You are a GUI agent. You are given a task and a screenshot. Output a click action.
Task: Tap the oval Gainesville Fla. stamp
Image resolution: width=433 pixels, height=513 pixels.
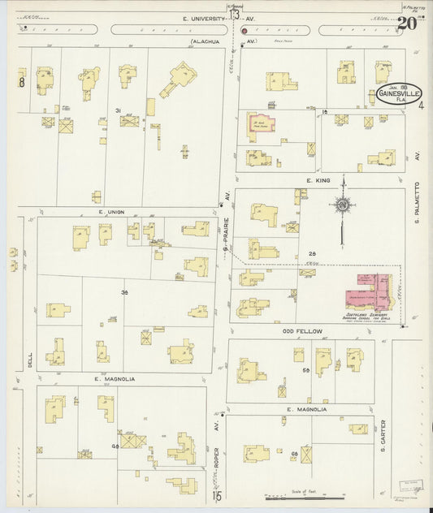point(398,95)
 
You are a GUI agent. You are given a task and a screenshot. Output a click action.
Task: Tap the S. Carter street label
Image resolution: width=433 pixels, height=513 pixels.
point(383,442)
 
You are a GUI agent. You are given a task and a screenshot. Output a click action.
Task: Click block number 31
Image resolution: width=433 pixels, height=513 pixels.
point(118,110)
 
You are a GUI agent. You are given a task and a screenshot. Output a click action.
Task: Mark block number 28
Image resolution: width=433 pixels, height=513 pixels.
point(312,254)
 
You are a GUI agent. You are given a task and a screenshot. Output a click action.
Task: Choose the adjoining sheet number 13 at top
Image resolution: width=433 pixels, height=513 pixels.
point(234,14)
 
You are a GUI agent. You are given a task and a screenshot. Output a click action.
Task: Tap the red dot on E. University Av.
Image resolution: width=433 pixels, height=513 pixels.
point(244,30)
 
